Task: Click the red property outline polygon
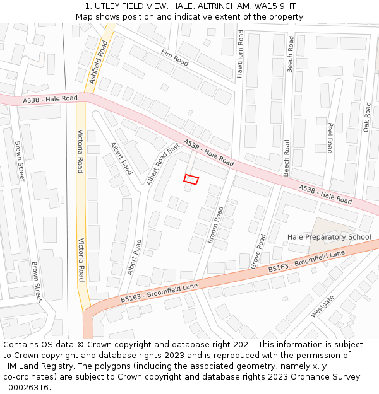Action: pyautogui.click(x=191, y=180)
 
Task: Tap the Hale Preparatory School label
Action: pyautogui.click(x=329, y=237)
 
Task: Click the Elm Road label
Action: pyautogui.click(x=175, y=58)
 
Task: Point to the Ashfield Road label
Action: pyautogui.click(x=99, y=61)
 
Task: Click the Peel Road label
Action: pyautogui.click(x=330, y=138)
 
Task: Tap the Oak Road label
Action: pyautogui.click(x=367, y=117)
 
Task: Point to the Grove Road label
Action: pyautogui.click(x=258, y=251)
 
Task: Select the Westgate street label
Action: pyautogui.click(x=323, y=306)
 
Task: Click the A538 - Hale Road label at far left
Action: pyautogui.click(x=50, y=99)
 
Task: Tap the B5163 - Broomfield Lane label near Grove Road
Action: pyautogui.click(x=306, y=261)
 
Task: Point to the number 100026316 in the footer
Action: pyautogui.click(x=26, y=388)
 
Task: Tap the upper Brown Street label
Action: pyautogui.click(x=18, y=161)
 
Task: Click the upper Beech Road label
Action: pyautogui.click(x=290, y=54)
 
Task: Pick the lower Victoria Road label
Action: pyautogui.click(x=81, y=260)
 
